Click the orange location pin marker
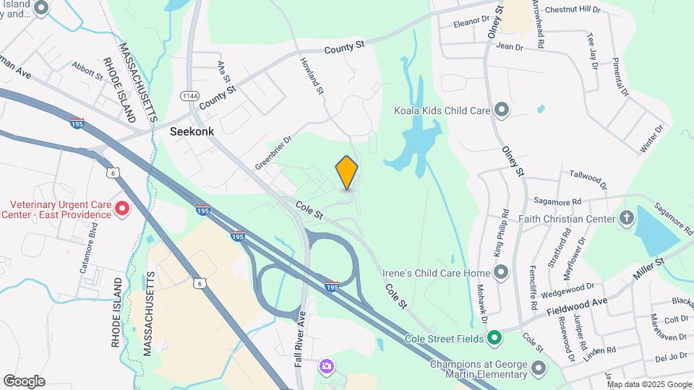pyautogui.click(x=347, y=173)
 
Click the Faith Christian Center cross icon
pyautogui.click(x=626, y=218)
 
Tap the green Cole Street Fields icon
pyautogui.click(x=494, y=337)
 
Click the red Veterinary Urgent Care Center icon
pyautogui.click(x=122, y=209)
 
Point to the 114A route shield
pyautogui.click(x=189, y=95)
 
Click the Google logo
pyautogui.click(x=24, y=381)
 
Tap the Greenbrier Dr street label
pyautogui.click(x=272, y=154)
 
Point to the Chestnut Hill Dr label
pyautogui.click(x=573, y=9)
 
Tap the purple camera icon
pyautogui.click(x=327, y=366)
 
